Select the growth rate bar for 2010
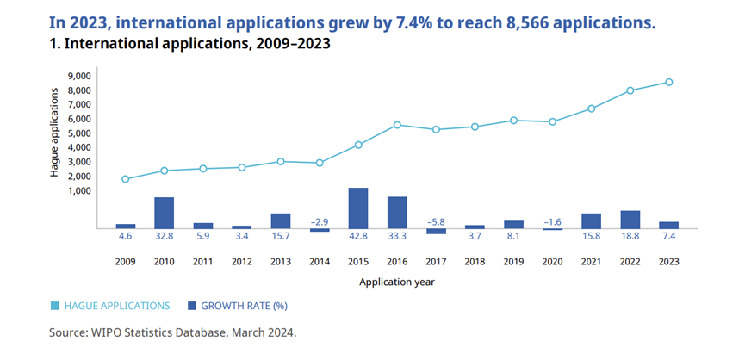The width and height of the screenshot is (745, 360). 165,214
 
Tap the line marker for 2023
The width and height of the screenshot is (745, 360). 668,83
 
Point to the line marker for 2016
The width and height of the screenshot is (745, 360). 397,125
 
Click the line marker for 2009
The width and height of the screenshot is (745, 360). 126,179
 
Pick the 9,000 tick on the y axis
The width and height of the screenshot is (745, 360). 78,77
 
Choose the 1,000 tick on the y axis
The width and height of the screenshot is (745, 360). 78,190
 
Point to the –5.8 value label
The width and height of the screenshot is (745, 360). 436,222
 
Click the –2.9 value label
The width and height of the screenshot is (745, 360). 320,222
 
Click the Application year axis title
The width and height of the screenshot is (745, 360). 397,282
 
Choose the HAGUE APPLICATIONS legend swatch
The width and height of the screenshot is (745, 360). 56,306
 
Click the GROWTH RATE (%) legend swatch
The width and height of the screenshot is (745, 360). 192,306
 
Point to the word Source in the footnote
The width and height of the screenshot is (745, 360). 68,331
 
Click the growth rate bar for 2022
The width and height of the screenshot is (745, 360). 630,220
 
